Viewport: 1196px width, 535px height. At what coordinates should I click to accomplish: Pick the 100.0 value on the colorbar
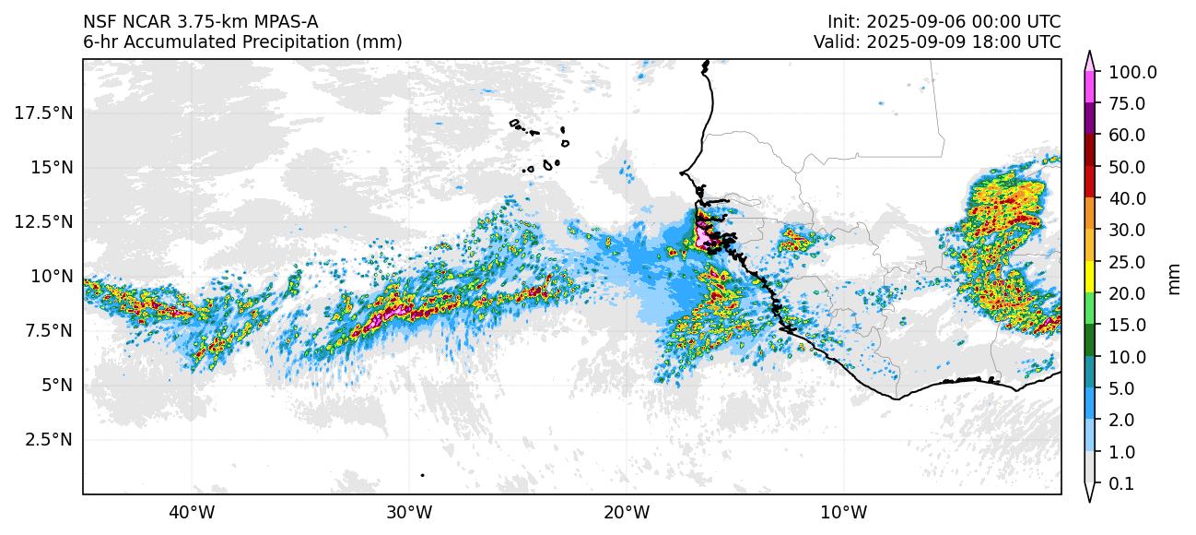(x=1132, y=72)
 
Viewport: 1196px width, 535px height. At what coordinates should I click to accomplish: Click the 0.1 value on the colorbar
(x=1120, y=484)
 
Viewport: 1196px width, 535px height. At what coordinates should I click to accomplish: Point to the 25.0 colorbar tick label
(x=1126, y=262)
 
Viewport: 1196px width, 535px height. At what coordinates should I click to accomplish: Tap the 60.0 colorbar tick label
(x=1126, y=136)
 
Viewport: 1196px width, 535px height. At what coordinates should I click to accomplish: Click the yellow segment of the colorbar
(x=1088, y=277)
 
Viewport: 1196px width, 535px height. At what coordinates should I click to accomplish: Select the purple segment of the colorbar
(x=1088, y=119)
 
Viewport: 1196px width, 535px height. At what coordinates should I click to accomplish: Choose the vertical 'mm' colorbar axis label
(x=1174, y=278)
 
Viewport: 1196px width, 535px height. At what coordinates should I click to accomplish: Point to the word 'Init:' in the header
(x=844, y=21)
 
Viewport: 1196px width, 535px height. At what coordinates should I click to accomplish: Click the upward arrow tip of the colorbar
(x=1088, y=53)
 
